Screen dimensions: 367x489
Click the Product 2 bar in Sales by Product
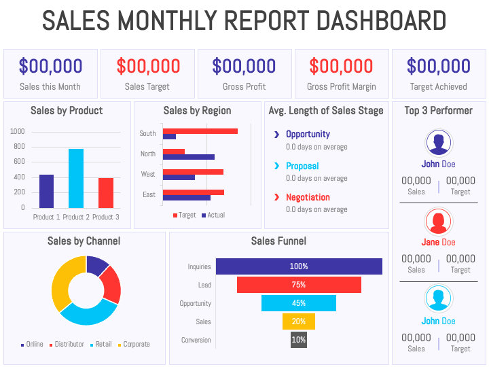(76, 178)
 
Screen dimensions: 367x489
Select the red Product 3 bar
(105, 192)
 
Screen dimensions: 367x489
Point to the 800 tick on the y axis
(18, 146)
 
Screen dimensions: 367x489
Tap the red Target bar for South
(200, 130)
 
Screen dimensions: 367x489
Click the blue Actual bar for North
(188, 157)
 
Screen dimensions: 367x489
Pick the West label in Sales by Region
(147, 174)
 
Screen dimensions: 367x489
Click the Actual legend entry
(213, 215)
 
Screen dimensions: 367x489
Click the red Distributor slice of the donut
(110, 284)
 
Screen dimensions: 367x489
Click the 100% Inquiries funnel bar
(299, 266)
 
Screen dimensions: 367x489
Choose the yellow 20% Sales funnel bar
(299, 321)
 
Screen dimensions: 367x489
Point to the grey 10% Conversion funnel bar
(299, 340)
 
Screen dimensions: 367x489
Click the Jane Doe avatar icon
(438, 221)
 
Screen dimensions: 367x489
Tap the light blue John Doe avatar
(438, 299)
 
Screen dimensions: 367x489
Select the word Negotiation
(308, 197)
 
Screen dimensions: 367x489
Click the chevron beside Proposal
(276, 166)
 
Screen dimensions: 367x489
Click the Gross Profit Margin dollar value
(341, 66)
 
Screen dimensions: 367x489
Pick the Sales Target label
(147, 86)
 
